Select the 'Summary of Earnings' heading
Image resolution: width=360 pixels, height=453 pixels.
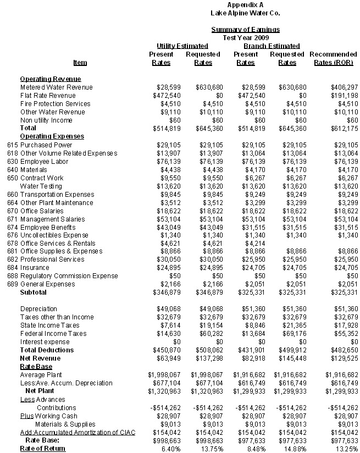(245, 30)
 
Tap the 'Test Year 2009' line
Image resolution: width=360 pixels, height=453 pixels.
(245, 37)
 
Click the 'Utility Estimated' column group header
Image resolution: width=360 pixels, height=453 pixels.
(182, 46)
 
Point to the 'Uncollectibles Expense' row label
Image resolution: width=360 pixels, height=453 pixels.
(54, 235)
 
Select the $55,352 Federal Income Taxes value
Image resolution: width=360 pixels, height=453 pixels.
(346, 334)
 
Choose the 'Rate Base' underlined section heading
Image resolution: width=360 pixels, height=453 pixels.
(36, 366)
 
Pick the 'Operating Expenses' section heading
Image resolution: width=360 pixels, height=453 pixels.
(52, 136)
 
